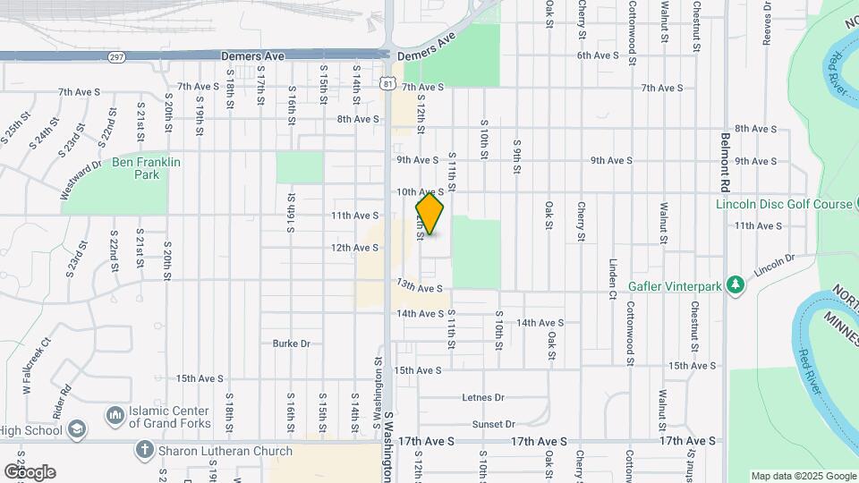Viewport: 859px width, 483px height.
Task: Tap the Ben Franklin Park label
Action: tap(147, 168)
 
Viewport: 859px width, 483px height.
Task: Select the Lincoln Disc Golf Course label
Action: tap(784, 204)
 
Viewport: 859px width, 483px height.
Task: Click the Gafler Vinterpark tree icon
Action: tap(736, 284)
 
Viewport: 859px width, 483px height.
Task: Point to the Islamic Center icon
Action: tap(115, 416)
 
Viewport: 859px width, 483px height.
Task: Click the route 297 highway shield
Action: tap(115, 56)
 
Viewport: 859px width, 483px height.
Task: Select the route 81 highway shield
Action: tap(386, 83)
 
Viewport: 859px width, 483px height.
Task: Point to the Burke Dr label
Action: tap(291, 343)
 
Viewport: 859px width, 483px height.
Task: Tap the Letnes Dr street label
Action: tap(483, 397)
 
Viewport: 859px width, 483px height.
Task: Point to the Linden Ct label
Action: tap(613, 279)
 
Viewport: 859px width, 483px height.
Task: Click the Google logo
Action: tap(30, 471)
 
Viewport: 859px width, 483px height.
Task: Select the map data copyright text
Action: tap(803, 476)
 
